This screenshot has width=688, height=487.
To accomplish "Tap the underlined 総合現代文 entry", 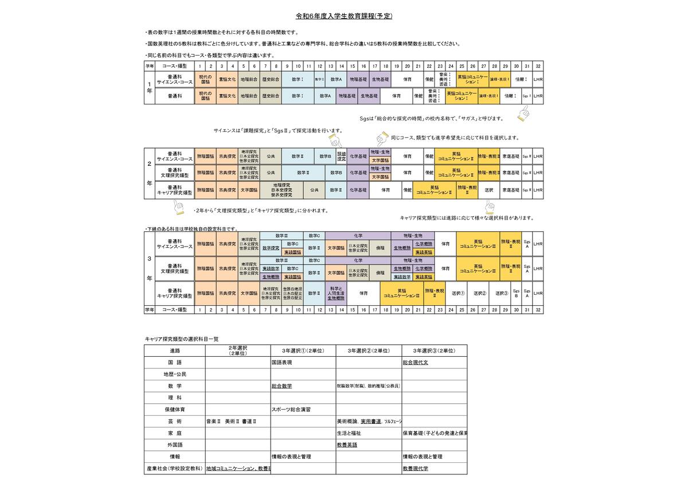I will [x=415, y=363].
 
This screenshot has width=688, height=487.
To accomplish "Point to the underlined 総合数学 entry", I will [x=282, y=386].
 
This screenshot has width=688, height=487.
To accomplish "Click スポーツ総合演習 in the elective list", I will [x=291, y=410].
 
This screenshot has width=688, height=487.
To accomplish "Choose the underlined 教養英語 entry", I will [x=347, y=445].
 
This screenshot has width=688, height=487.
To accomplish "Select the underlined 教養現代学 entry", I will [x=415, y=468].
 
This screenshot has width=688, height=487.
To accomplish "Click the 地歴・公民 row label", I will [x=175, y=374].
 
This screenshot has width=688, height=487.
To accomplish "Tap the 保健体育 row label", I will [x=175, y=410].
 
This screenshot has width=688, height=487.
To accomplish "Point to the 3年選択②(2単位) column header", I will [x=369, y=350].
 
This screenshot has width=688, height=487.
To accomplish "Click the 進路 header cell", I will [x=175, y=350].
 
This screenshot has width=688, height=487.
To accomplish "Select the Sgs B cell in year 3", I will [x=516, y=293].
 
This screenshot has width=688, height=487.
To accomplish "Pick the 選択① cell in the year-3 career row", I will [x=458, y=293].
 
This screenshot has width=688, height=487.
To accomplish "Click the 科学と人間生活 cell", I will [x=336, y=290].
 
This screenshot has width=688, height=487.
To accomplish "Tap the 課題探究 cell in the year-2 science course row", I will [x=341, y=156].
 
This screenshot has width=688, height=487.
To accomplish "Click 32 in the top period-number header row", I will [x=537, y=66].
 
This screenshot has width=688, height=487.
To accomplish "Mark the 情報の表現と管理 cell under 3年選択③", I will [x=423, y=457].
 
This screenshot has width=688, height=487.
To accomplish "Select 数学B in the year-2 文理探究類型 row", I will [x=336, y=172].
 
